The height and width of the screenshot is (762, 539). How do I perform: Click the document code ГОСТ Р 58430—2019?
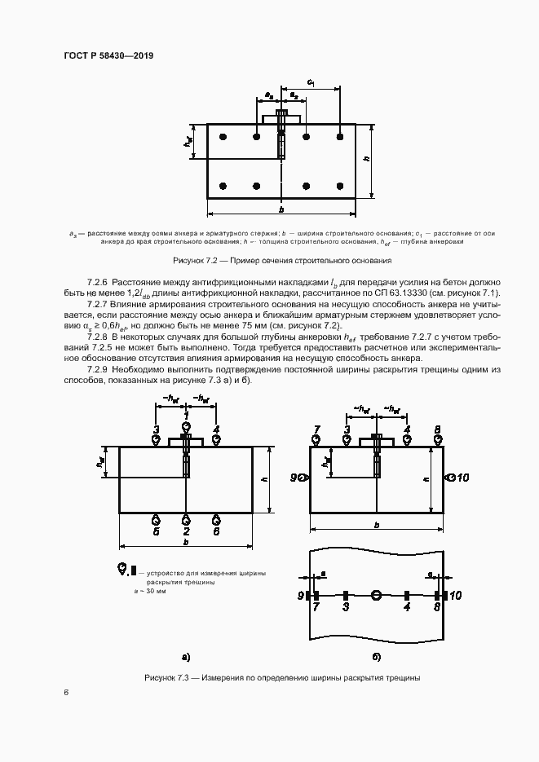coord(108,55)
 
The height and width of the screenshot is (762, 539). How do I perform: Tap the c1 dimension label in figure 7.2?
coord(311,81)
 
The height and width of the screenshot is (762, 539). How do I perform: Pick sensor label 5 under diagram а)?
coord(157,531)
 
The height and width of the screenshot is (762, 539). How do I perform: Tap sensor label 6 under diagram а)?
coord(216,531)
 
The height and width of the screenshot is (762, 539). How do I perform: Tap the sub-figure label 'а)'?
coord(186,655)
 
